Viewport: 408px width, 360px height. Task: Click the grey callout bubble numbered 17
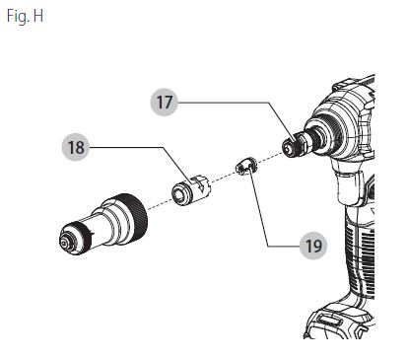coord(164,103)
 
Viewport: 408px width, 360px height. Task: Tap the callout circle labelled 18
coord(76,147)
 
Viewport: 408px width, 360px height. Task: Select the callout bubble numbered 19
coord(313,246)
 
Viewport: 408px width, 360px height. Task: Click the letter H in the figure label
coord(38,16)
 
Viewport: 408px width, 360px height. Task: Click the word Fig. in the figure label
coord(19,17)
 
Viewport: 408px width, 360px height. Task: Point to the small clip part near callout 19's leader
coord(246,167)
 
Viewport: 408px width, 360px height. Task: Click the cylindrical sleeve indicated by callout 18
coord(191,190)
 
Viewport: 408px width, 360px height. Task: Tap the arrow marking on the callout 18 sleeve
coord(201,187)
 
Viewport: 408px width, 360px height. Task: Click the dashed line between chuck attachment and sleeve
coord(160,203)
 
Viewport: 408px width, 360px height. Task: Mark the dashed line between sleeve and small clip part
coord(224,176)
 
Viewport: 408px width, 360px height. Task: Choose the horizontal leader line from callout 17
coord(224,103)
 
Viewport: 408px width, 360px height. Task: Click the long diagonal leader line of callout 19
coord(259,206)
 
